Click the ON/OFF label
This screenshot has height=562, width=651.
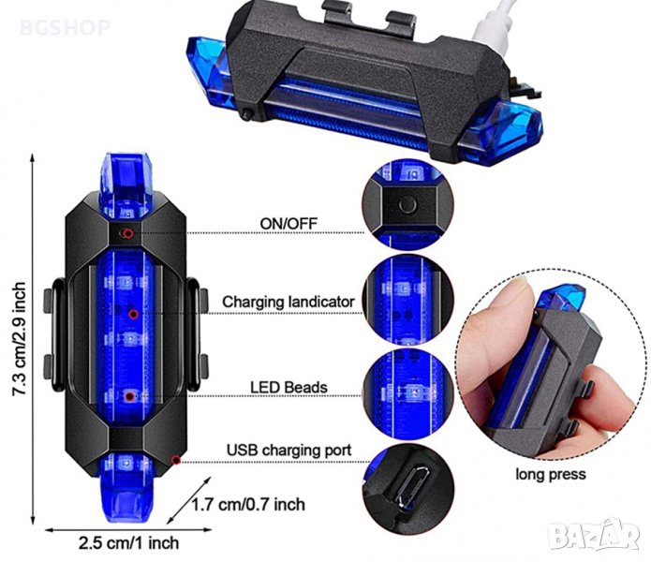pos(289,223)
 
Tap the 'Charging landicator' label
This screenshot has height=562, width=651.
pos(289,302)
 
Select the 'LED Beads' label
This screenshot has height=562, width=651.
pos(289,387)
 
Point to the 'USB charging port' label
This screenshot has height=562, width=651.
pos(289,450)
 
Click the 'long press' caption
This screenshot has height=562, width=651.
pos(551,474)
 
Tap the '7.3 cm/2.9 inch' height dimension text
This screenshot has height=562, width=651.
pos(19,339)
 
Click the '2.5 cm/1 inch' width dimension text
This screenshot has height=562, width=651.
pos(128,543)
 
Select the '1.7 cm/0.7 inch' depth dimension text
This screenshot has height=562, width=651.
pos(248,505)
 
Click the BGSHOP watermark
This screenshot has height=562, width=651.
pos(65,28)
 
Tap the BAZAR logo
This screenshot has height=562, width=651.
pos(594,536)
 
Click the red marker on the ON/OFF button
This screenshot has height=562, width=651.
pos(128,233)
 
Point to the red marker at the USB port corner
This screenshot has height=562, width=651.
pos(176,460)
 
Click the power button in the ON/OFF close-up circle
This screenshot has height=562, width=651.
pos(407,204)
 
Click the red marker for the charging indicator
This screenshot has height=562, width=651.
pos(133,314)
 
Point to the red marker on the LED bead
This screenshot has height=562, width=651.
pos(130,397)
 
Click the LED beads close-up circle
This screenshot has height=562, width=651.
pos(407,394)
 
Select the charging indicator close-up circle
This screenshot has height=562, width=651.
pos(407,300)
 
